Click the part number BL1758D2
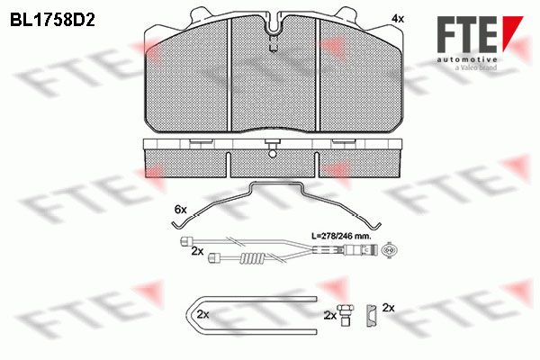[52, 21]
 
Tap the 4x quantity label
[398, 19]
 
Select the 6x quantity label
[181, 209]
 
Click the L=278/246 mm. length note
[341, 237]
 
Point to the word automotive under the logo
[467, 59]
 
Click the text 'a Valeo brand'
[476, 67]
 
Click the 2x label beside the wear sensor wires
[197, 251]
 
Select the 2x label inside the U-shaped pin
[203, 314]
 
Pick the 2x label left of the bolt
[330, 315]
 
